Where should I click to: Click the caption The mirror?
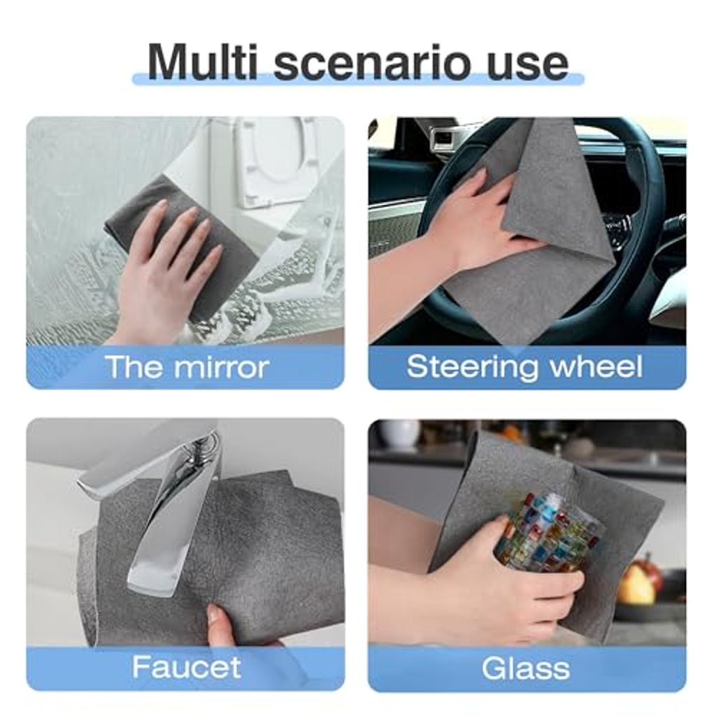[x=187, y=366]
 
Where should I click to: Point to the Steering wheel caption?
[x=524, y=366]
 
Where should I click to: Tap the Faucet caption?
[x=186, y=667]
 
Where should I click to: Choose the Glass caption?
[x=526, y=668]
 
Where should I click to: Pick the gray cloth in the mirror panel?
[x=182, y=238]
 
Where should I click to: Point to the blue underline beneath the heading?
[x=358, y=78]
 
